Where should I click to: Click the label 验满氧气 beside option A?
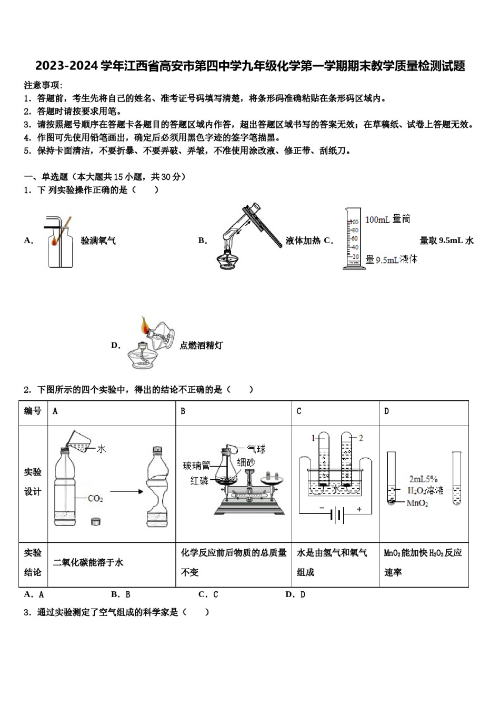[x=98, y=240]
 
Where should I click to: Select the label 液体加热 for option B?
[x=303, y=240]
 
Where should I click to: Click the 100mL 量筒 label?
[x=388, y=219]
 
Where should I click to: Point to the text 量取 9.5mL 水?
[x=446, y=240]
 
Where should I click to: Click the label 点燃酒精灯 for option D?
[x=201, y=345]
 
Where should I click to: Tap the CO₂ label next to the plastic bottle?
[x=95, y=498]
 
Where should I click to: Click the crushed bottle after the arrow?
[x=157, y=487]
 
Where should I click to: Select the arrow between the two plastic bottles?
[x=126, y=492]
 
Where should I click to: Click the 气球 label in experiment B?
[x=256, y=449]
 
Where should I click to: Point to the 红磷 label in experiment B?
[x=199, y=481]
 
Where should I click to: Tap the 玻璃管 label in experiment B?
[x=196, y=466]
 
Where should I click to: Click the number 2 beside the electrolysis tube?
[x=361, y=438]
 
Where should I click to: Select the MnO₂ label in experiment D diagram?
[x=417, y=503]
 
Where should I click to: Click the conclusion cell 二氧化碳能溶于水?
[x=88, y=562]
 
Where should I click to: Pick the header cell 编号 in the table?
[x=33, y=411]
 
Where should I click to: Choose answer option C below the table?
[x=208, y=594]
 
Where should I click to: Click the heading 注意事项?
[x=43, y=85]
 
